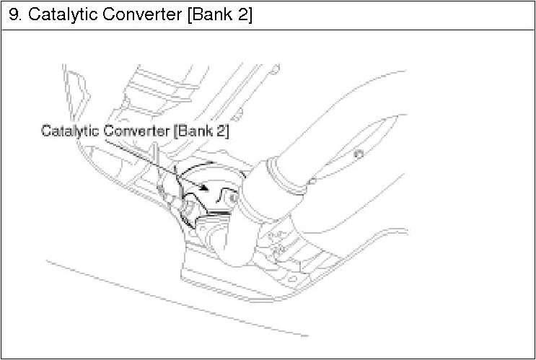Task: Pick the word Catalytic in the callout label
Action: [x=69, y=131]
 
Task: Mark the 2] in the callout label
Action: [x=224, y=131]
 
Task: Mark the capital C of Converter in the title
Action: [x=103, y=14]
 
